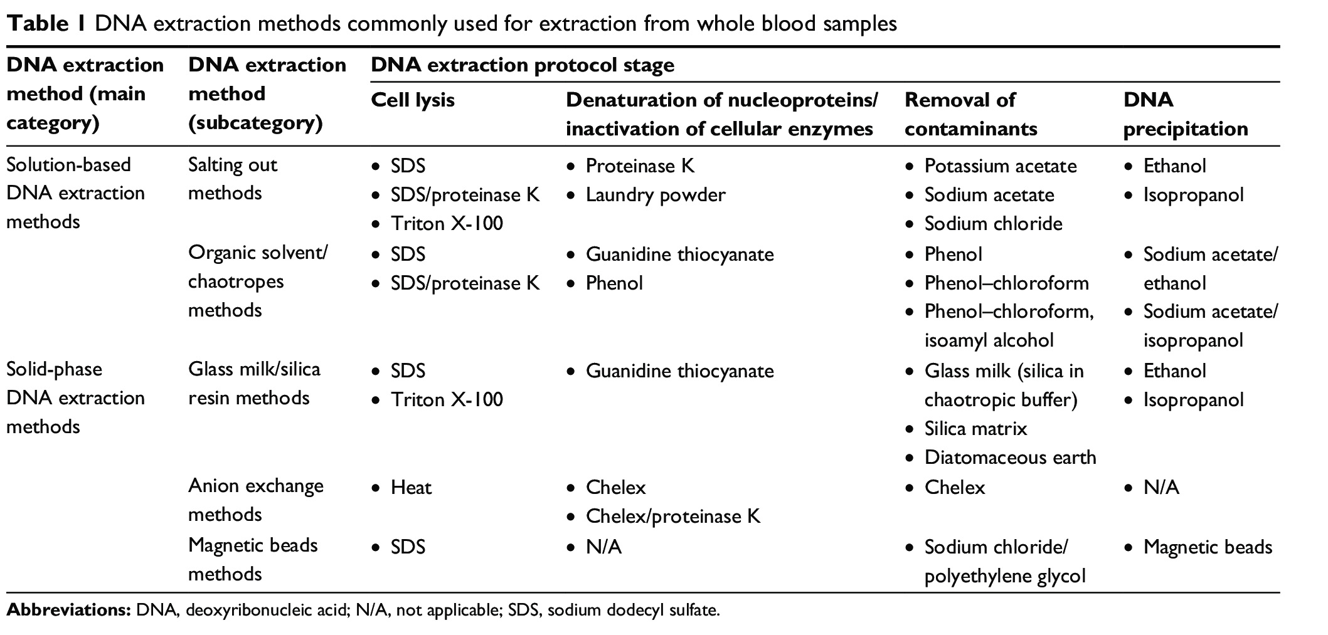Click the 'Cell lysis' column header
413,100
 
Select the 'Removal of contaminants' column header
971,114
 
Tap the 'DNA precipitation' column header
1186,114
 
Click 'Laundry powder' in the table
656,195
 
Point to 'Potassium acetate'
1001,166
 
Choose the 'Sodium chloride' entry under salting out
994,224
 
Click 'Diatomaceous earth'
1011,458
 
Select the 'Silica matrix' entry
976,429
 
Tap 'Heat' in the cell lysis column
412,488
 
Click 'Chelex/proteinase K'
673,517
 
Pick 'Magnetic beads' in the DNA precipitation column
1208,547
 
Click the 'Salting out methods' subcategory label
233,179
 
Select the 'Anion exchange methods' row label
256,500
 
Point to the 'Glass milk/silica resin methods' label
254,384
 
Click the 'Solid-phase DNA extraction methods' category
75,398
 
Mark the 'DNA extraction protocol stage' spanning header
523,65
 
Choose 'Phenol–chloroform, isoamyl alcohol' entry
1009,326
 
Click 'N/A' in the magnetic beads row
603,547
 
